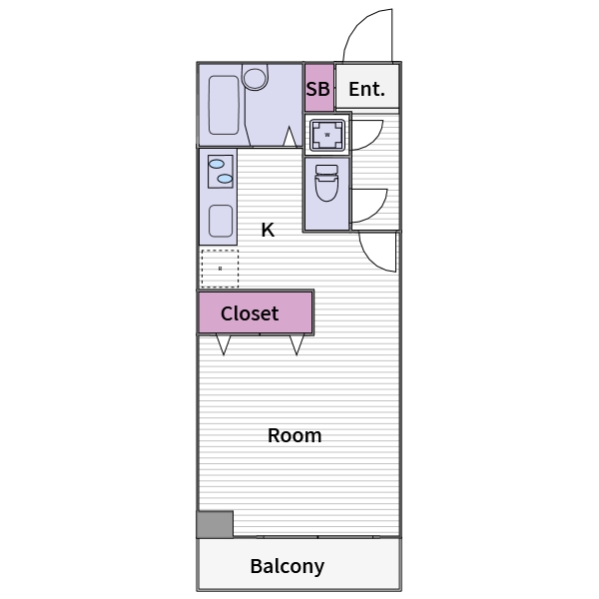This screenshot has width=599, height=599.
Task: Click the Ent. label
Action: tap(366, 90)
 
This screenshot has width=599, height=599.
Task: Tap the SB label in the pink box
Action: tap(317, 90)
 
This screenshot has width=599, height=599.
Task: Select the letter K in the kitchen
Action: tap(268, 230)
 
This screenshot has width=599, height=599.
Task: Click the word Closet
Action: tap(250, 313)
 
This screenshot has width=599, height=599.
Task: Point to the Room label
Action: tap(295, 435)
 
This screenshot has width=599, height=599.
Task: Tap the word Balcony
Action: tap(287, 566)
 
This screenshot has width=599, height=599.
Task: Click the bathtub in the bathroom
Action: tap(224, 105)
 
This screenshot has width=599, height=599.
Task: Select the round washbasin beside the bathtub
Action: tap(256, 77)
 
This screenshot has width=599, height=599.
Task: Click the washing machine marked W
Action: tap(326, 134)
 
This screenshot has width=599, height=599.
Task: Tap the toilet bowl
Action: tap(326, 185)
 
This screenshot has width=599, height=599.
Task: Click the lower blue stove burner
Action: tap(225, 180)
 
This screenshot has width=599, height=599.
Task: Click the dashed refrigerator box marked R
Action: tap(220, 268)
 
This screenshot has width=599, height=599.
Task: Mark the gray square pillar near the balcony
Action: tap(215, 524)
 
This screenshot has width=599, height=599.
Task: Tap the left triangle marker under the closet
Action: tap(223, 344)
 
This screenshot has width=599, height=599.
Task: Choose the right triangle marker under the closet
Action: tap(296, 344)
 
